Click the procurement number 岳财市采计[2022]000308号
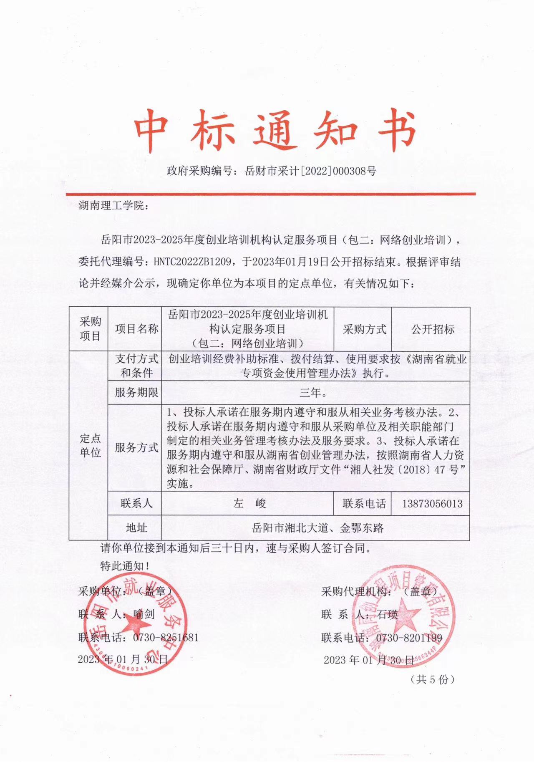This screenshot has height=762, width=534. pyautogui.click(x=310, y=171)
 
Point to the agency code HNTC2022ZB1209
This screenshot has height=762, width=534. pyautogui.click(x=192, y=262)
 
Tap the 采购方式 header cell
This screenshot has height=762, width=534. pyautogui.click(x=364, y=329)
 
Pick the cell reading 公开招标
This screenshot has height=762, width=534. pyautogui.click(x=433, y=329)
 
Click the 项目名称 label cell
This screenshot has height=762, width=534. pyautogui.click(x=136, y=329)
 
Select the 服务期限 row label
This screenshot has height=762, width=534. pyautogui.click(x=136, y=393)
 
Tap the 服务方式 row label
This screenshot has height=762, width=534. pyautogui.click(x=136, y=448)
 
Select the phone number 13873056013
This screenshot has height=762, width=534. pyautogui.click(x=432, y=504)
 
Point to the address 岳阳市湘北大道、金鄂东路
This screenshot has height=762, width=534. pyautogui.click(x=317, y=528)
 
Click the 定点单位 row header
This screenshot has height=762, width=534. pyautogui.click(x=90, y=445)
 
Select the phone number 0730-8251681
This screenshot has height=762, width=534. pyautogui.click(x=166, y=638)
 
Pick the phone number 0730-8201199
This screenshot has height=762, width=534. pyautogui.click(x=409, y=638)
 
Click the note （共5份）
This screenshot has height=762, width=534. pyautogui.click(x=432, y=679)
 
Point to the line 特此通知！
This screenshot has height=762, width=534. pyautogui.click(x=125, y=566)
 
